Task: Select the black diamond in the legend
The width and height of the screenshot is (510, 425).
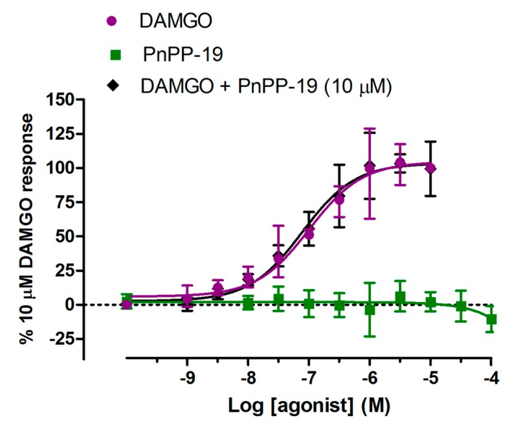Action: coord(113,86)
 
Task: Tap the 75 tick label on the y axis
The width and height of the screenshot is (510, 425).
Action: coord(64,202)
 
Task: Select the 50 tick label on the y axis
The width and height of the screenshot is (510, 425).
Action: coord(64,236)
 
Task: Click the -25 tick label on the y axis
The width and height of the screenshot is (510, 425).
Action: coord(61,339)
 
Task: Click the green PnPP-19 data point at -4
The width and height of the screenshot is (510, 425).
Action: coord(491,319)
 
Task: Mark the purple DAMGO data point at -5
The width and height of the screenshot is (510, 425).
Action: coord(430,168)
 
